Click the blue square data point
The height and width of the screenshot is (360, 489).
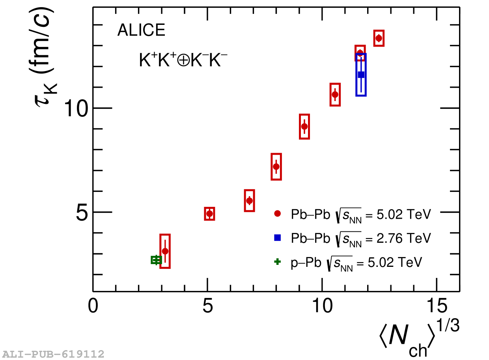361,75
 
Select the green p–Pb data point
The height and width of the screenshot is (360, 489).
157,260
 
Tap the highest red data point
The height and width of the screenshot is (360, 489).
379,38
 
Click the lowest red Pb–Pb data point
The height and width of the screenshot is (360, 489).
165,251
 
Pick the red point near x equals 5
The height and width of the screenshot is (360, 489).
209,214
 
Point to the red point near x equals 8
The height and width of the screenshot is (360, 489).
276,167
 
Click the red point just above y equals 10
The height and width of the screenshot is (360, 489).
335,94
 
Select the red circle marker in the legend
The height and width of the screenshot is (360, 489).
277,214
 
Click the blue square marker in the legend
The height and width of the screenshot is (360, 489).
277,238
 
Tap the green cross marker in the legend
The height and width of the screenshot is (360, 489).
277,262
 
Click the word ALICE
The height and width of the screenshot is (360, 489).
141,30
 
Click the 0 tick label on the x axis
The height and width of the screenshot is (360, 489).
93,307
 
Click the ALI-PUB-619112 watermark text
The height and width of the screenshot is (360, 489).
53,354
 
